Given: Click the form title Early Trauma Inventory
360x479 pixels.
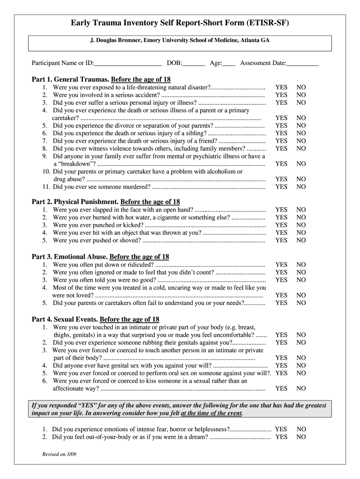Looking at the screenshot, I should pyautogui.click(x=180, y=22).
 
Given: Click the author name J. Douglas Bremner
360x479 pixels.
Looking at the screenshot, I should pyautogui.click(x=180, y=41).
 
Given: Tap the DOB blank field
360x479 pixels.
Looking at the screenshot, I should pyautogui.click(x=194, y=63).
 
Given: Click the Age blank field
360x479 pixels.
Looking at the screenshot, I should pyautogui.click(x=229, y=63).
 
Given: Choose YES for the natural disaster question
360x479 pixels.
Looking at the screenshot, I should pyautogui.click(x=281, y=87).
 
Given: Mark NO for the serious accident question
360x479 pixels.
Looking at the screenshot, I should pyautogui.click(x=301, y=95).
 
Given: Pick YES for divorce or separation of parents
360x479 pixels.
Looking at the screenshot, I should pyautogui.click(x=281, y=126).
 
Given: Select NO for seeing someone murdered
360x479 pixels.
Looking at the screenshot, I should pyautogui.click(x=301, y=187).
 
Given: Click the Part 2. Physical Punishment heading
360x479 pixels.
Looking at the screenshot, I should pyautogui.click(x=106, y=202).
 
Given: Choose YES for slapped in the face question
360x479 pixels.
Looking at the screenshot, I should pyautogui.click(x=281, y=210).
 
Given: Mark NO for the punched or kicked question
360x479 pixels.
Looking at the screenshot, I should pyautogui.click(x=301, y=225).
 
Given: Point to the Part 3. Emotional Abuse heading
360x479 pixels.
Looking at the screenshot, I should pyautogui.click(x=100, y=257).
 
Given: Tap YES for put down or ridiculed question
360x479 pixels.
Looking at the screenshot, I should pyautogui.click(x=281, y=265).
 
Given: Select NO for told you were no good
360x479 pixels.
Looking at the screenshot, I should pyautogui.click(x=301, y=280).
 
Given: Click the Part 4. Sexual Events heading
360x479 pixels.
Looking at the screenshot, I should pyautogui.click(x=95, y=319).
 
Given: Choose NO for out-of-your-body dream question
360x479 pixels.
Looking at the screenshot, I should pyautogui.click(x=301, y=437).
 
